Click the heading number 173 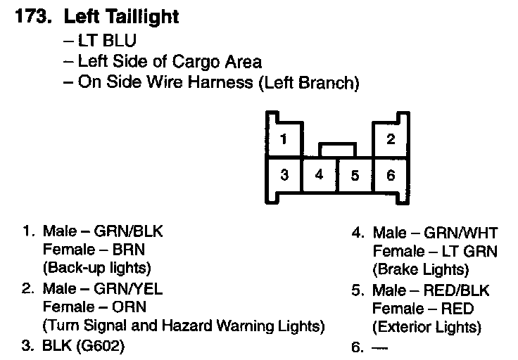coord(32,17)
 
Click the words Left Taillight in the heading coord(122,17)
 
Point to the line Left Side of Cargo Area coord(163,61)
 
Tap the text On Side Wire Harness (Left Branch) coord(211,83)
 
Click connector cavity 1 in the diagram coord(284,139)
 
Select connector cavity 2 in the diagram coord(391,139)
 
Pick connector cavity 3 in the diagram coord(284,175)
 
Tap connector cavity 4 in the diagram coord(319,175)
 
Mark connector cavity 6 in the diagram coord(391,175)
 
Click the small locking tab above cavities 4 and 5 coord(337,150)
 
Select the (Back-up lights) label coord(97,268)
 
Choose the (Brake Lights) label coord(421,269)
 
